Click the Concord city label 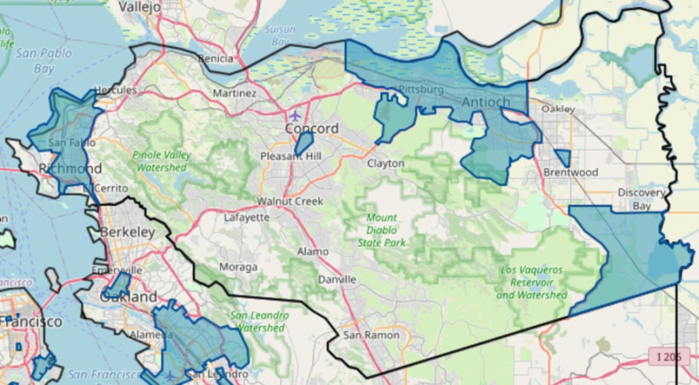coord(311,129)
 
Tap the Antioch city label coord(485,102)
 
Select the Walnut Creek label coord(290,201)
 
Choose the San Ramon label coord(371,335)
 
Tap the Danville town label coord(337,279)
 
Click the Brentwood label coord(571,172)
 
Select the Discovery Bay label coord(641,199)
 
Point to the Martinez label coord(235,93)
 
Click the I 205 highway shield coord(668,356)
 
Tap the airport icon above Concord coord(295,115)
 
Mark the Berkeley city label coord(128,232)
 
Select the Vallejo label coord(140,7)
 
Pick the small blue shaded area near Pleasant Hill coord(303,143)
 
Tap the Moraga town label coord(238,267)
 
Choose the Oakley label coord(559,108)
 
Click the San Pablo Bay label coord(44,60)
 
